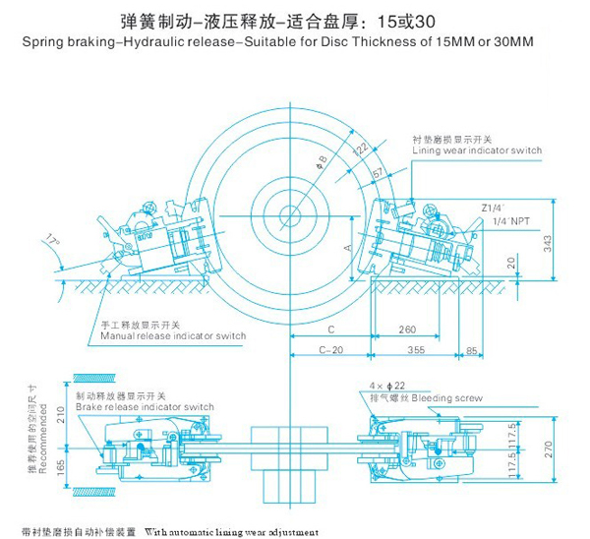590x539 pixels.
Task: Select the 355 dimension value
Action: pyautogui.click(x=416, y=349)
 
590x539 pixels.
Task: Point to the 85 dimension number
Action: pyautogui.click(x=473, y=349)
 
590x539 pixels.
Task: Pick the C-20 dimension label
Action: pyautogui.click(x=331, y=349)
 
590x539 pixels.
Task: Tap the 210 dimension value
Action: pyautogui.click(x=60, y=411)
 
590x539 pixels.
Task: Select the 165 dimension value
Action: pyautogui.click(x=60, y=461)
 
